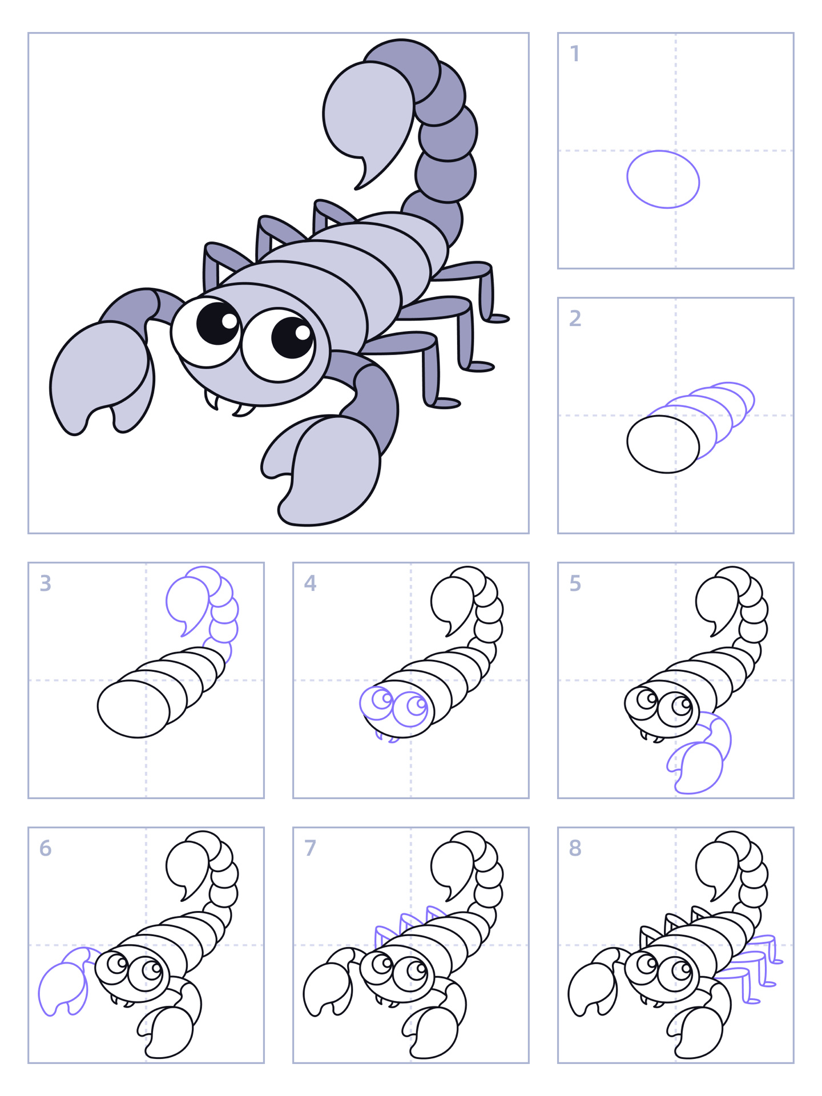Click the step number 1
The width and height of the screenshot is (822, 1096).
click(x=575, y=54)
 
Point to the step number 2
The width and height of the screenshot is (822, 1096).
click(x=575, y=319)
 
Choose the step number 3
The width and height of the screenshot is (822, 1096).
click(x=46, y=583)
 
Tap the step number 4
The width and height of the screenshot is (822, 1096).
click(x=310, y=583)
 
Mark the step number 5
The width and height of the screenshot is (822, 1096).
click(x=575, y=583)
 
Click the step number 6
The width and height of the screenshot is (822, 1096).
click(x=46, y=848)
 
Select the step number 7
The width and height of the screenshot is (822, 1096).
click(x=310, y=848)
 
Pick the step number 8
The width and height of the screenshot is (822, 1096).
click(x=575, y=848)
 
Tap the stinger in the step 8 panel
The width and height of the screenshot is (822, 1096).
click(x=717, y=866)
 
